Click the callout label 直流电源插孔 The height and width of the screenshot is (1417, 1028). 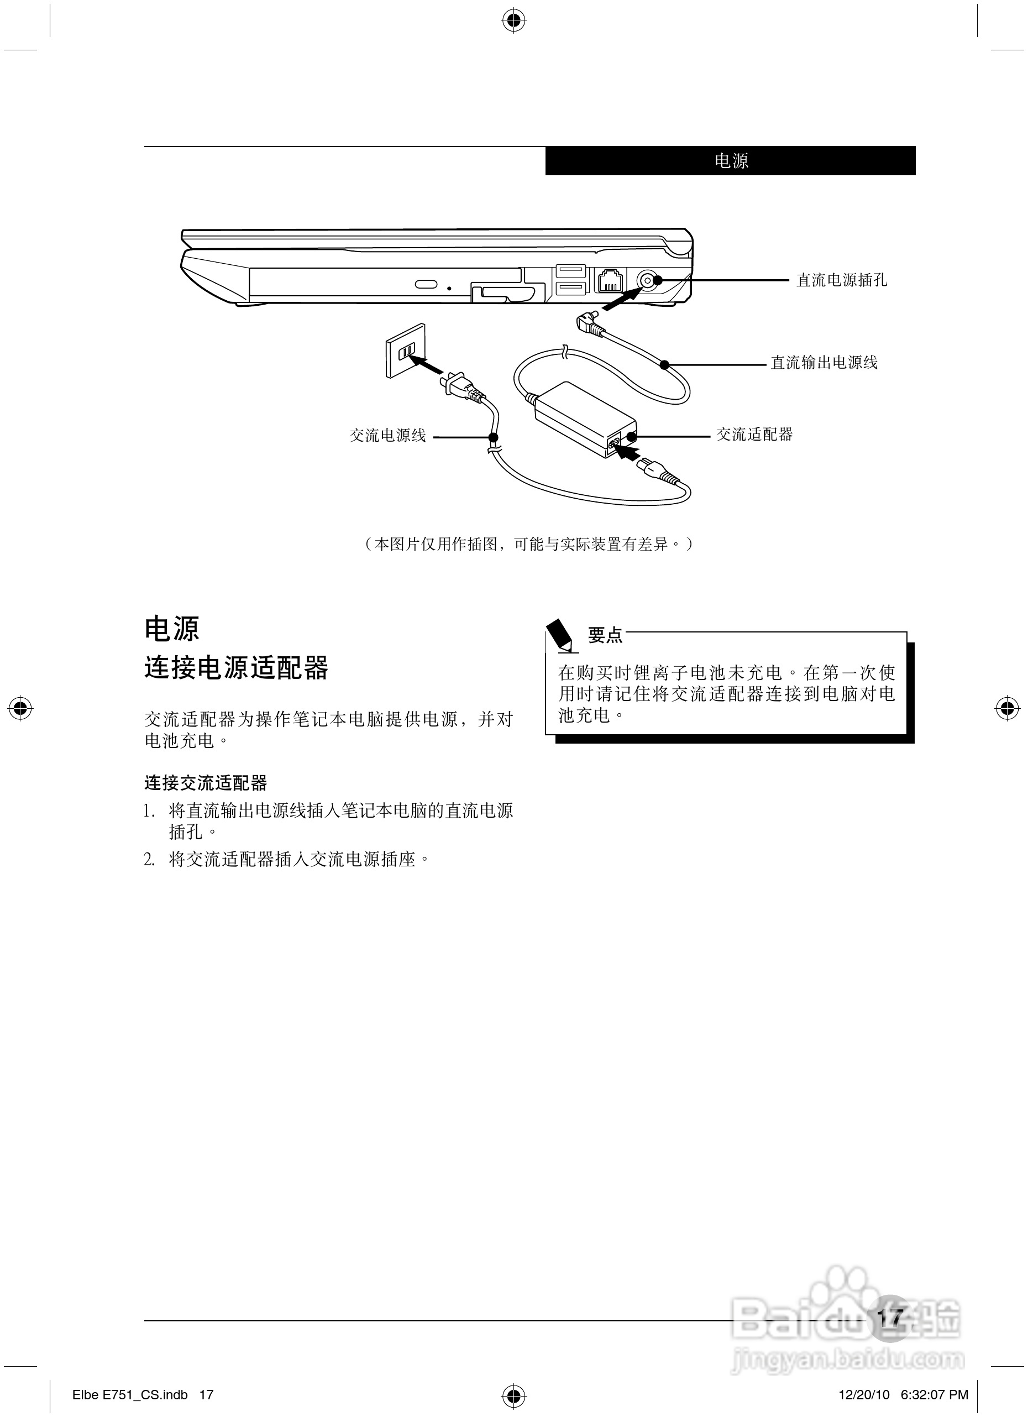tap(841, 280)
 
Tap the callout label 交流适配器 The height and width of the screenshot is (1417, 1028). tap(754, 435)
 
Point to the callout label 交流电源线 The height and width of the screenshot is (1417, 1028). tap(387, 436)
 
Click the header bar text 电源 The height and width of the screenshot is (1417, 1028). tap(731, 161)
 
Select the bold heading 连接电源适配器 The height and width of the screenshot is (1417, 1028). tap(236, 667)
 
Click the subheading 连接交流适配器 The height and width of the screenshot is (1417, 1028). tap(206, 782)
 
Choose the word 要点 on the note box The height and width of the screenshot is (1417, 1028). tap(605, 635)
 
